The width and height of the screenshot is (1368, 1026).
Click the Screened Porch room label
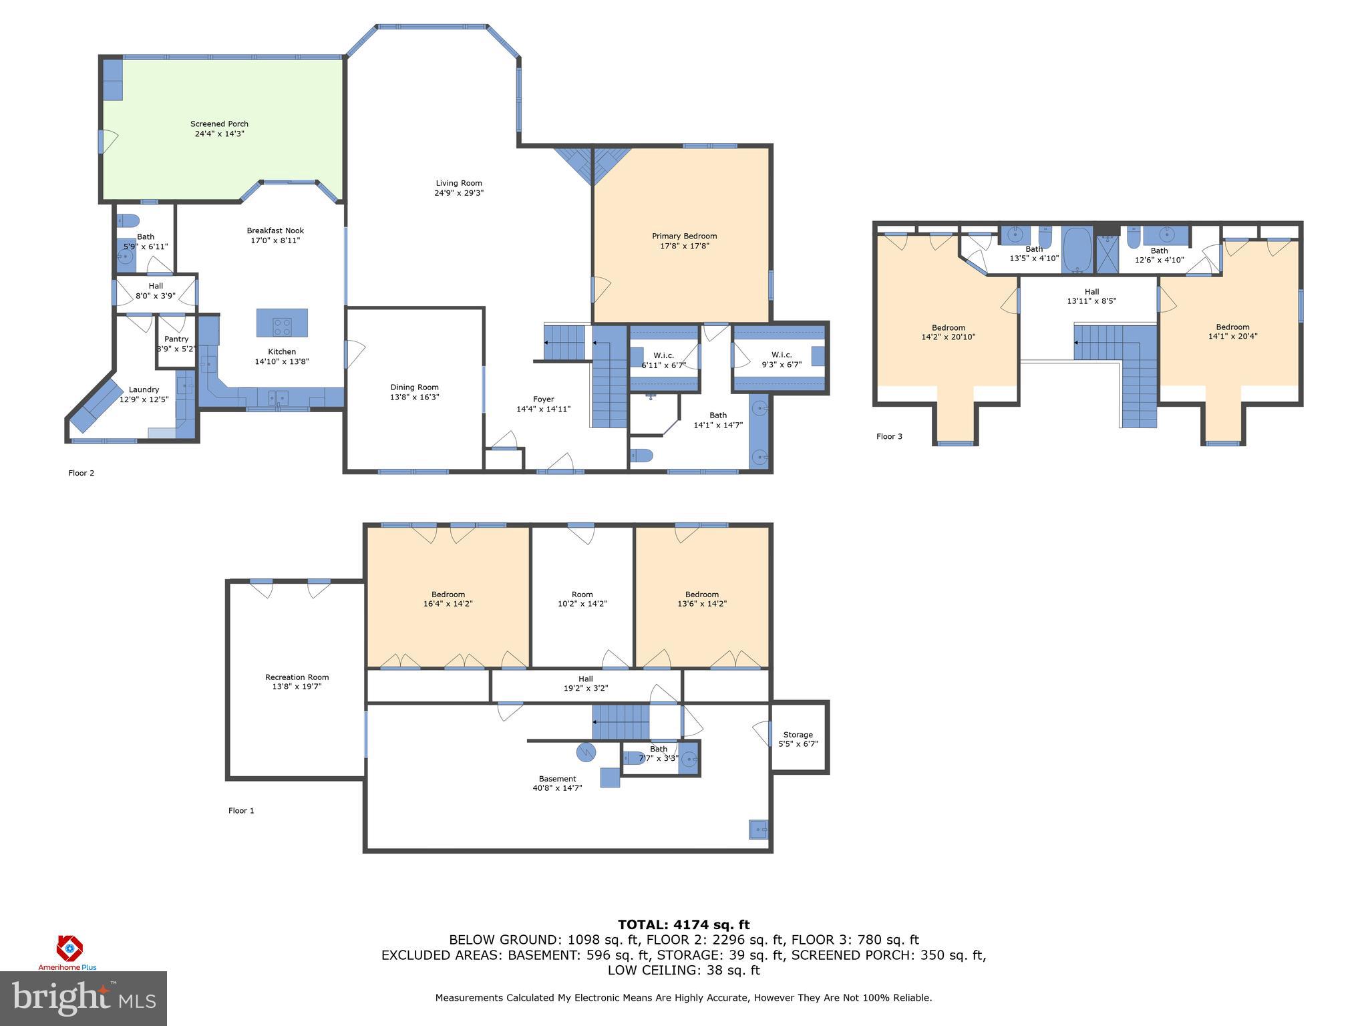click(x=219, y=124)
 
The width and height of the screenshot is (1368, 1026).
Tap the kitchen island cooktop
click(x=282, y=327)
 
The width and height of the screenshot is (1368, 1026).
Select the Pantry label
click(x=176, y=339)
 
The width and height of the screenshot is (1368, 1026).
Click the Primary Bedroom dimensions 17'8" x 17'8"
click(x=684, y=246)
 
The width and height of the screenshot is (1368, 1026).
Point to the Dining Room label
click(x=414, y=387)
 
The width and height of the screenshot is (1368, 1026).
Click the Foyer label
click(x=543, y=399)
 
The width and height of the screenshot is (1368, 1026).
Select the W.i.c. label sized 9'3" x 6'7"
click(x=781, y=355)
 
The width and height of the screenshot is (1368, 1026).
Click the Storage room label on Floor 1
click(x=798, y=735)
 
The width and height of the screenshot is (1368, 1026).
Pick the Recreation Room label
click(x=297, y=677)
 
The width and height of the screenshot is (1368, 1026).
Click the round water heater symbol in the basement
click(x=586, y=752)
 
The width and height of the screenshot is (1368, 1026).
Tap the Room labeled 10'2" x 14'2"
click(x=582, y=594)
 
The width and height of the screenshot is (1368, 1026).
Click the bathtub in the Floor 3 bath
click(x=1076, y=250)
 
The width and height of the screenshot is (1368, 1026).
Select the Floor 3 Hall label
click(x=1091, y=292)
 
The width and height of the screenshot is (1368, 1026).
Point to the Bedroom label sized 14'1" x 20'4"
click(x=1232, y=327)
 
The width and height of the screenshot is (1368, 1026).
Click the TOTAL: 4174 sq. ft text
click(x=683, y=925)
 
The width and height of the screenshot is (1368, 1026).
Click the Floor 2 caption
click(x=81, y=473)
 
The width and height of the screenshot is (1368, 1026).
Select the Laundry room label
click(x=144, y=390)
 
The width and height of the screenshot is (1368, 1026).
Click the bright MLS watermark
click(x=83, y=998)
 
